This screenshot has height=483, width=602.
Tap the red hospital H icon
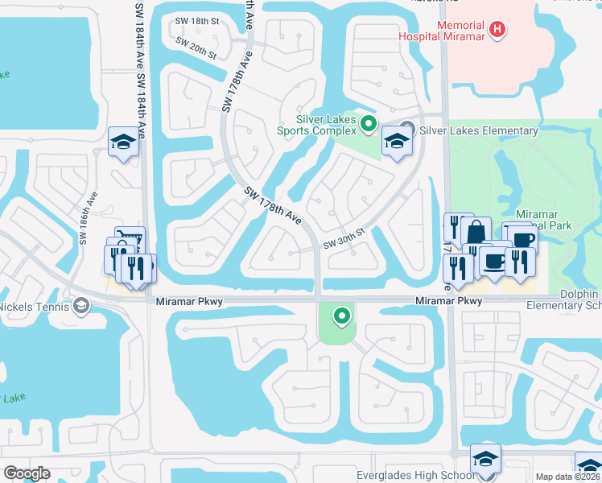pyautogui.click(x=499, y=30)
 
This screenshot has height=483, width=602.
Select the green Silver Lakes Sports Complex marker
pyautogui.click(x=369, y=123)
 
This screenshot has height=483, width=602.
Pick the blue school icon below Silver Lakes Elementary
pyautogui.click(x=396, y=141)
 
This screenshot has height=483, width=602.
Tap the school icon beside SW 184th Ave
pyautogui.click(x=122, y=142)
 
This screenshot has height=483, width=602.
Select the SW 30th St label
pyautogui.click(x=344, y=237)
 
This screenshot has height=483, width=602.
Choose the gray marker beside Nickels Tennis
pyautogui.click(x=81, y=306)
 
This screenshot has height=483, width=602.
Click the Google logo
pyautogui.click(x=27, y=473)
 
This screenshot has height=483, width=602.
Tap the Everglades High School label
pyautogui.click(x=416, y=475)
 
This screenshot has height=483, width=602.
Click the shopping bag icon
pyautogui.click(x=476, y=231)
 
